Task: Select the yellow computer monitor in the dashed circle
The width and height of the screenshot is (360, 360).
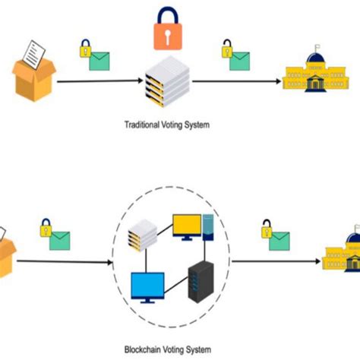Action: pyautogui.click(x=187, y=226)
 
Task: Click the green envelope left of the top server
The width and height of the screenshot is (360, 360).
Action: pyautogui.click(x=100, y=61)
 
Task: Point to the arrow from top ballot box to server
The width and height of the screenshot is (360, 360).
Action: pyautogui.click(x=99, y=80)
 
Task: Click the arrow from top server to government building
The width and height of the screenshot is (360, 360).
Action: pyautogui.click(x=235, y=80)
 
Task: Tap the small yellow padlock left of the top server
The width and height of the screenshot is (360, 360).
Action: pyautogui.click(x=86, y=50)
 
